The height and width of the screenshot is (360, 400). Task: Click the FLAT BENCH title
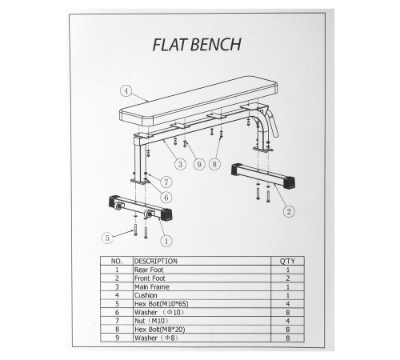coord(197,45)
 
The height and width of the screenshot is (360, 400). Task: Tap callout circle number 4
coord(126,91)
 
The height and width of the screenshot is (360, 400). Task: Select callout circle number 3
coord(180,164)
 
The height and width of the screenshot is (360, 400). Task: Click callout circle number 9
coord(199,164)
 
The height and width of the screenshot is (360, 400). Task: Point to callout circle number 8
coord(214,164)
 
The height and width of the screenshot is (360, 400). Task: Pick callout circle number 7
coord(166,182)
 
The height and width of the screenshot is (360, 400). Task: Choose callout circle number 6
coord(166,198)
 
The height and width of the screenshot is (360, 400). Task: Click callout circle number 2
coord(289,211)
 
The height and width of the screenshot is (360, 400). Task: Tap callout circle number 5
coord(107,238)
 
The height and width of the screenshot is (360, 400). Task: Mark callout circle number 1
coord(166,241)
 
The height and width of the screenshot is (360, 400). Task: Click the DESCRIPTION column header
coord(156,261)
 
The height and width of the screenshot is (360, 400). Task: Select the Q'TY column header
coord(287,261)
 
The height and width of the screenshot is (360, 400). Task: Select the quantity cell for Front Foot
coord(288,278)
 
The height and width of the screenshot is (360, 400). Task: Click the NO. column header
coord(117,261)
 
